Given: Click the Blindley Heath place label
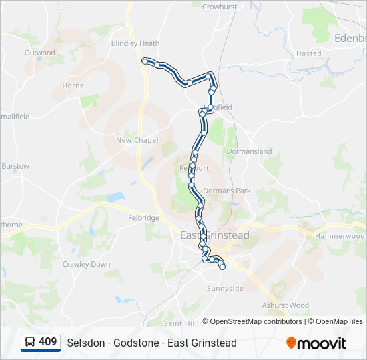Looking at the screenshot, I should pyautogui.click(x=135, y=43).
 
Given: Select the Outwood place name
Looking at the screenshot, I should pyautogui.click(x=39, y=52).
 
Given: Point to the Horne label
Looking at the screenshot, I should pyautogui.click(x=73, y=85).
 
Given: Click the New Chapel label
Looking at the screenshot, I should pyautogui.click(x=137, y=140).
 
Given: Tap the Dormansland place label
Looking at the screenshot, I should pyautogui.click(x=249, y=151).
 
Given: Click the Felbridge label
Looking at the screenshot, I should pyautogui.click(x=145, y=218).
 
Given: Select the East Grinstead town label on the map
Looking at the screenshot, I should pyautogui.click(x=215, y=235).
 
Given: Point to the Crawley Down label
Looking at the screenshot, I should pyautogui.click(x=87, y=264).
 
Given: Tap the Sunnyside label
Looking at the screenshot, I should pyautogui.click(x=225, y=289).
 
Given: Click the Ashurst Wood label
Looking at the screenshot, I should pyautogui.click(x=286, y=305).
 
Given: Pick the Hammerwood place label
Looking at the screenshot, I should pyautogui.click(x=340, y=236).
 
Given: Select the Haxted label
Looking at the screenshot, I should pyautogui.click(x=308, y=53).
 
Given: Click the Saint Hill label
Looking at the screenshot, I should pyautogui.click(x=180, y=323).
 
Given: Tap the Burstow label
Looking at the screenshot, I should pyautogui.click(x=15, y=166).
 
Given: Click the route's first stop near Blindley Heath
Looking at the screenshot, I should pyautogui.click(x=145, y=61).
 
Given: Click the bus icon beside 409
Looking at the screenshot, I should pyautogui.click(x=31, y=342).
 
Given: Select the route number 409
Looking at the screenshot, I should pyautogui.click(x=47, y=342).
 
